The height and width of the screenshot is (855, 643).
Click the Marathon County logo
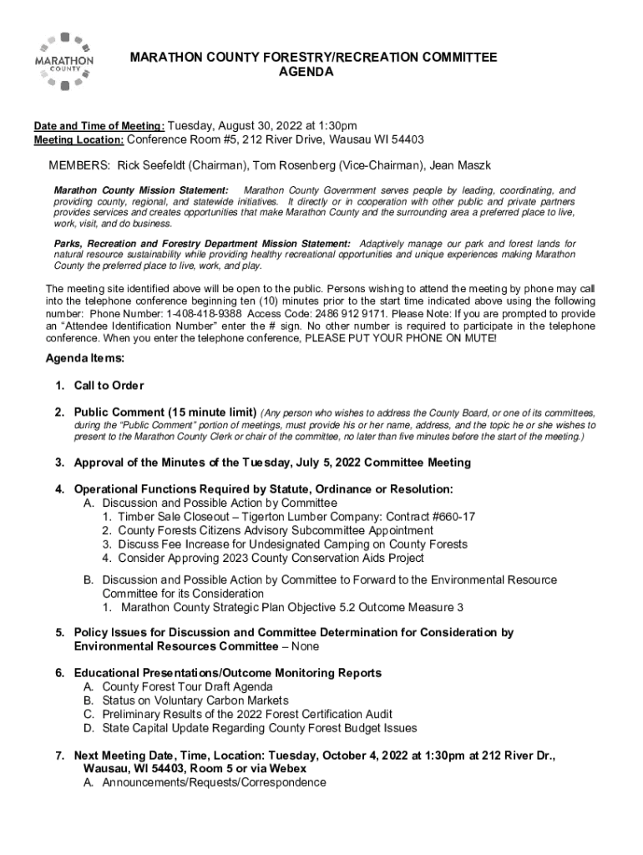[63, 61]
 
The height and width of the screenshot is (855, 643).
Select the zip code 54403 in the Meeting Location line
[407, 139]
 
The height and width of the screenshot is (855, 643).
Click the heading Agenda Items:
[84, 358]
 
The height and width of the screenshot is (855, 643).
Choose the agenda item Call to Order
[109, 386]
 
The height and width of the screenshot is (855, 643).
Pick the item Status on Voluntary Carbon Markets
[195, 701]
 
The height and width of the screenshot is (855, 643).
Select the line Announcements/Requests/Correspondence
[214, 782]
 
